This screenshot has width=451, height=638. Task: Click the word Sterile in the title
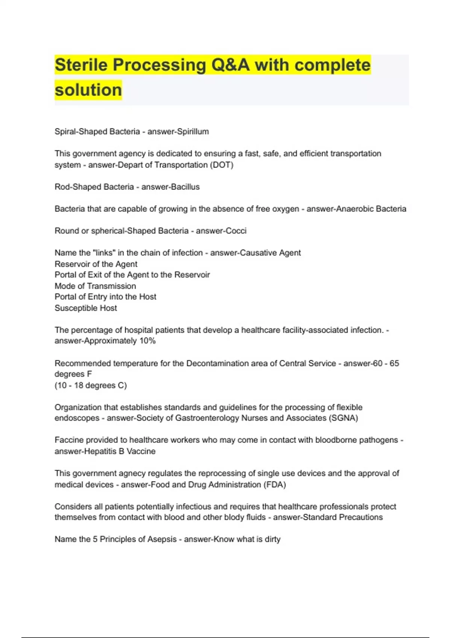[81, 65]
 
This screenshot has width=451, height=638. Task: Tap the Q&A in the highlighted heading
[230, 65]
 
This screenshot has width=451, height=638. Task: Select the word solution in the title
[88, 90]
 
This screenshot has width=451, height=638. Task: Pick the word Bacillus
[185, 187]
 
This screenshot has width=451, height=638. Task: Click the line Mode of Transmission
[95, 286]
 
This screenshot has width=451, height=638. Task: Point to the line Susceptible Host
[86, 308]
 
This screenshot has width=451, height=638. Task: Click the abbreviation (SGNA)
[343, 418]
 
